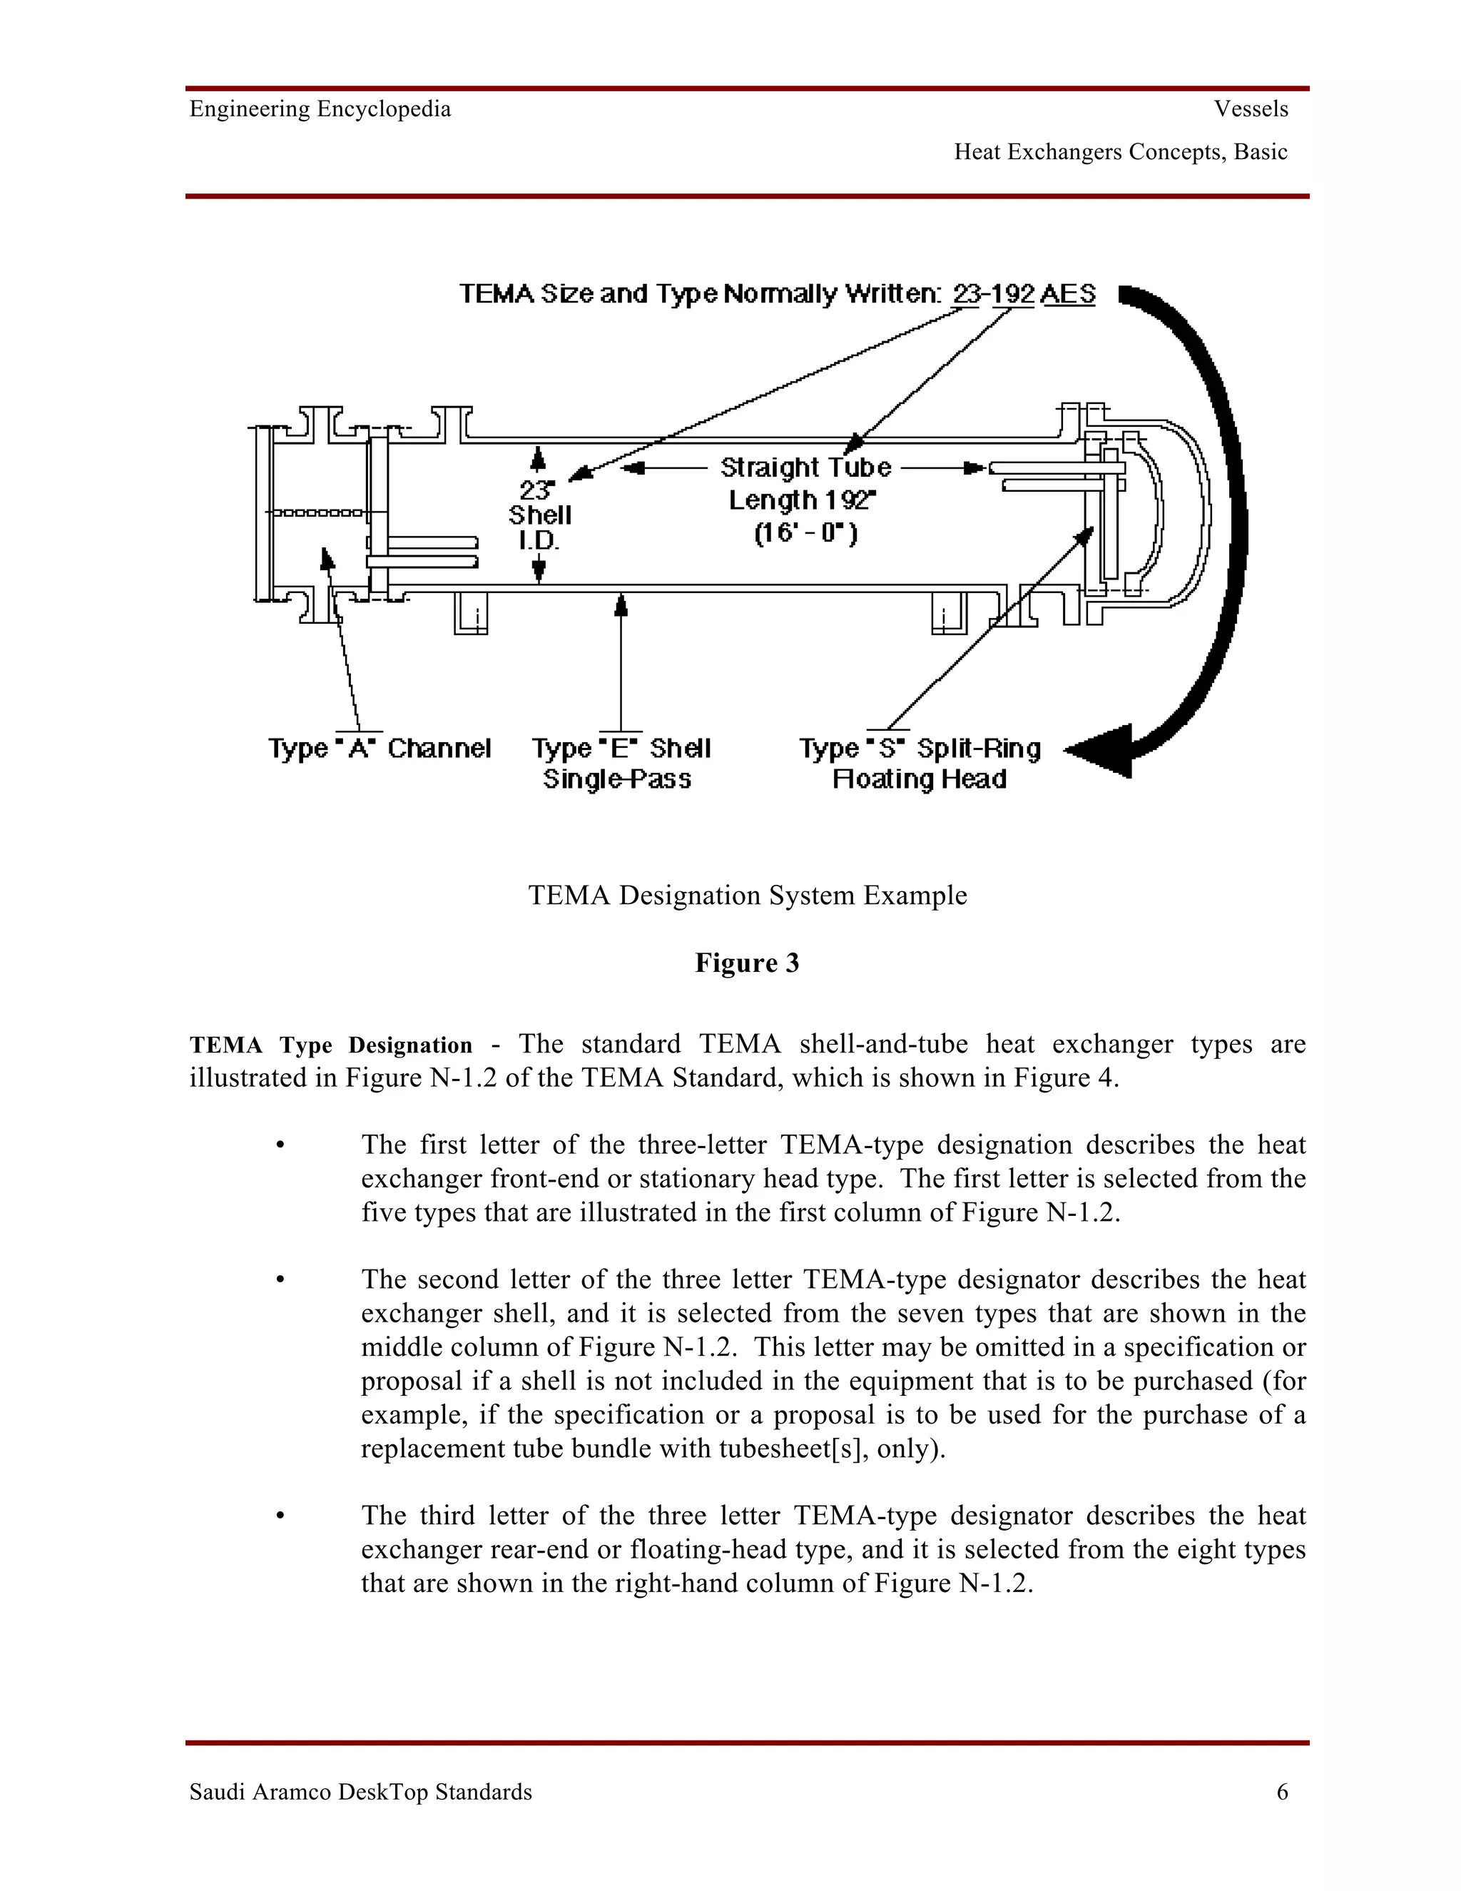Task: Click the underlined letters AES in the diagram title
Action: [x=1068, y=295]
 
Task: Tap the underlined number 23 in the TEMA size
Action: [x=965, y=295]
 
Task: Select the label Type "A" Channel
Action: [x=379, y=748]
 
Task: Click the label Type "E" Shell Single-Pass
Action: [x=620, y=763]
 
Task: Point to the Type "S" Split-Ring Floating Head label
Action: [x=919, y=763]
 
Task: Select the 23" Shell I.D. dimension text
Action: [x=539, y=515]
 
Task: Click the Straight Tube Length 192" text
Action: [x=805, y=483]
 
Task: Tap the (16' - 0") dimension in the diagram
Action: [x=805, y=532]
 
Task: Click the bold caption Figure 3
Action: [x=747, y=963]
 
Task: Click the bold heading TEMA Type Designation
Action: [x=330, y=1045]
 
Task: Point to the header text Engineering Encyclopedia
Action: [x=320, y=109]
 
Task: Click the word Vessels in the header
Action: [x=1251, y=109]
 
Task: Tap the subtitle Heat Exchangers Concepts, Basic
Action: [x=1120, y=153]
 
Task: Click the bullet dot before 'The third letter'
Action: [x=280, y=1516]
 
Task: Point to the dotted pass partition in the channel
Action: [x=318, y=512]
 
